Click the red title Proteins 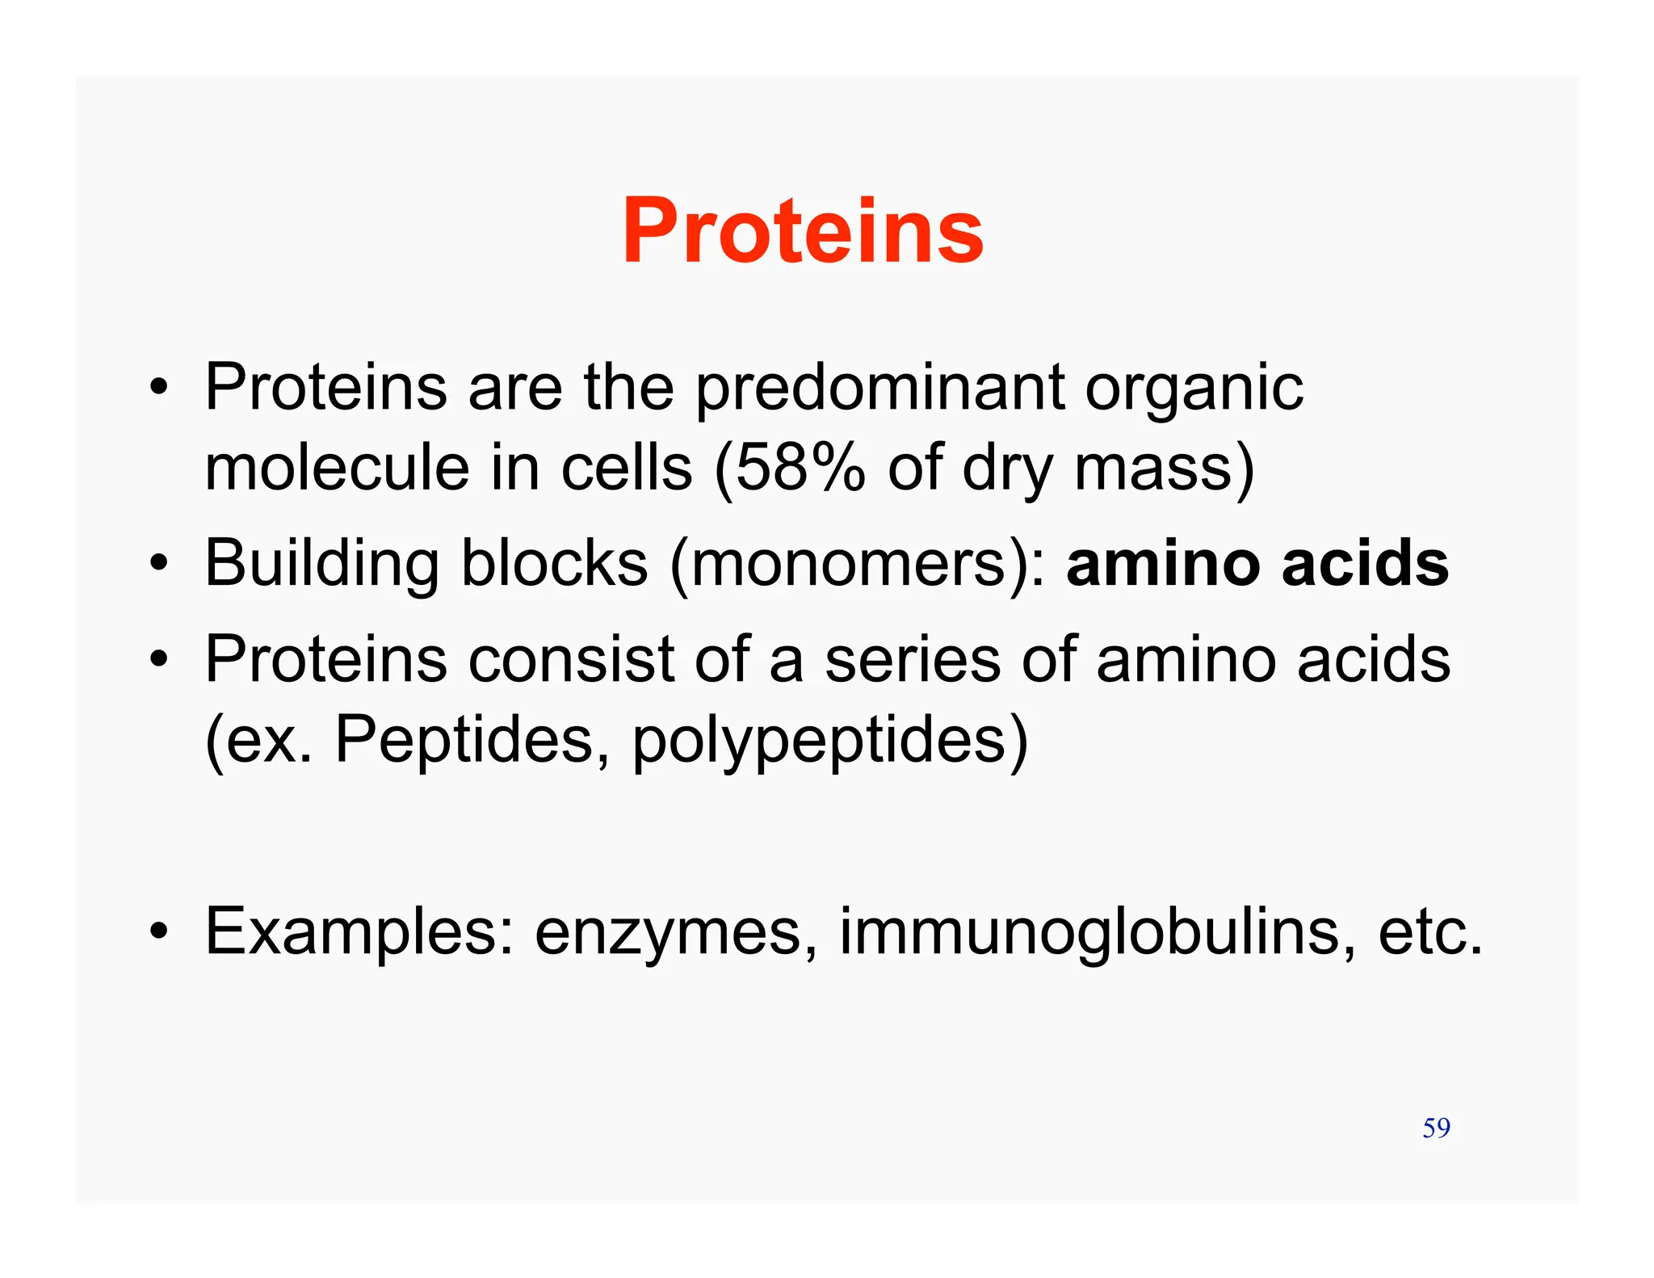coord(803,232)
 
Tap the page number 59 coord(1436,1128)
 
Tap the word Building coord(321,564)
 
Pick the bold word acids coord(1365,564)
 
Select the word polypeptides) coord(830,741)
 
